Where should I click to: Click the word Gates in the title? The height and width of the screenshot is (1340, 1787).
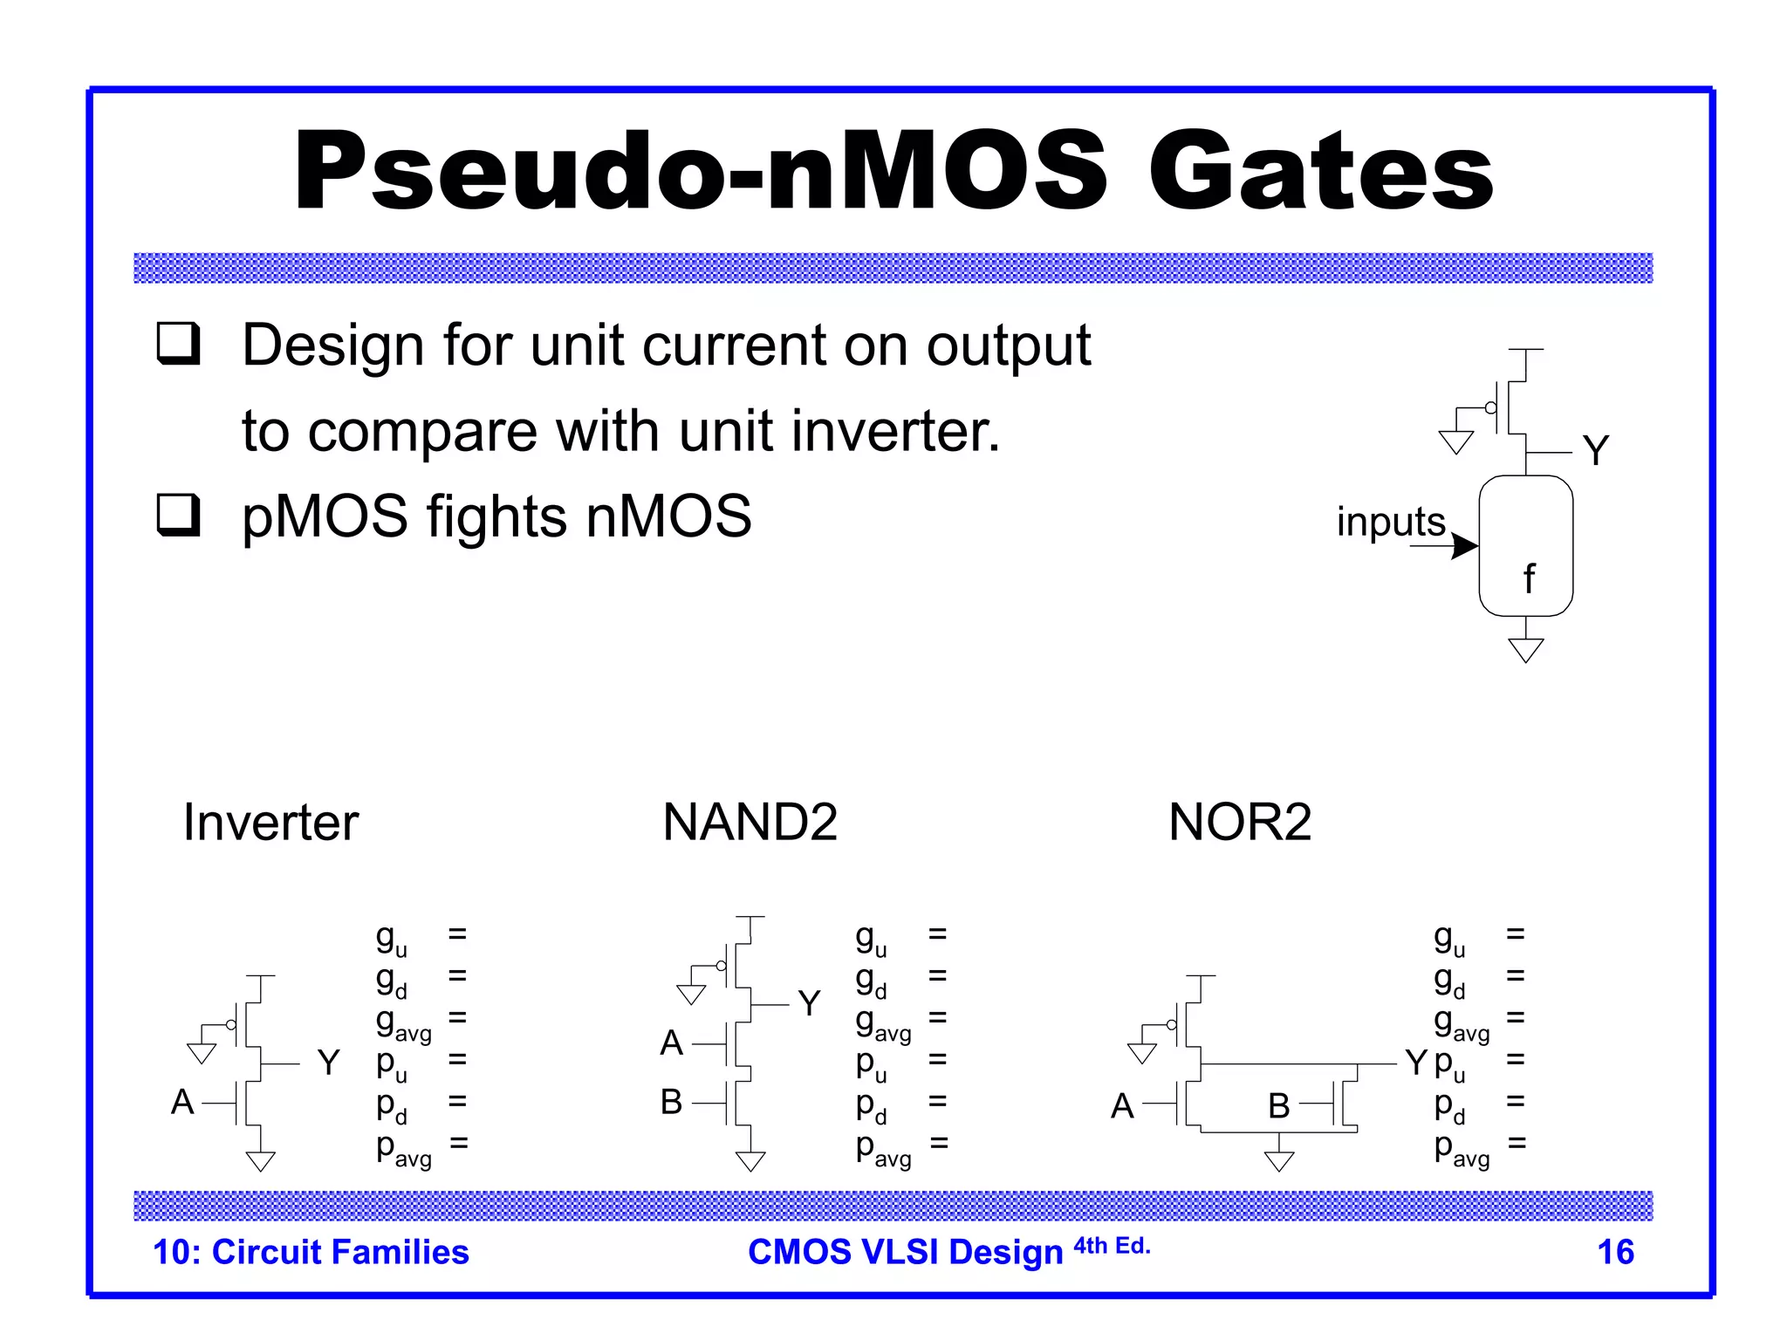point(1320,172)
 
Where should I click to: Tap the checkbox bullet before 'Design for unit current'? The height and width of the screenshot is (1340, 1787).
point(178,343)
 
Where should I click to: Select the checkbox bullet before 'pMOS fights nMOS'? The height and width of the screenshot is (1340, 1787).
point(178,515)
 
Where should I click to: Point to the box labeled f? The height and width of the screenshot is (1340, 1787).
point(1525,546)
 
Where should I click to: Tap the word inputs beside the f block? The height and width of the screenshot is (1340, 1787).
point(1391,522)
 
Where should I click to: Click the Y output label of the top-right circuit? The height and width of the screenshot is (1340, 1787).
point(1595,451)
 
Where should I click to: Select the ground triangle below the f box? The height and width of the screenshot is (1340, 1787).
point(1525,650)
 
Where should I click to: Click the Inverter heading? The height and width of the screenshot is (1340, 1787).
point(270,822)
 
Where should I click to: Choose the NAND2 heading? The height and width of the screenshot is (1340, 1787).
point(750,822)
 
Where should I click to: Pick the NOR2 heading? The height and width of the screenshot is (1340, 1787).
point(1239,822)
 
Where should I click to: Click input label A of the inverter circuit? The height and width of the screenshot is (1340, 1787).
point(182,1102)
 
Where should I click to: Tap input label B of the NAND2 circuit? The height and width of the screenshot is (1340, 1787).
point(671,1102)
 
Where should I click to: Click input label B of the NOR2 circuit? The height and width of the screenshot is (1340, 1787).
point(1278,1106)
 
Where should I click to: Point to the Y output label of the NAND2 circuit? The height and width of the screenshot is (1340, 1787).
point(809,1003)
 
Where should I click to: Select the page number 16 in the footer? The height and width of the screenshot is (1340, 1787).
point(1615,1252)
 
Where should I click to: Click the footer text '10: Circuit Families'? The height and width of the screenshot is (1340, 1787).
point(311,1252)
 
